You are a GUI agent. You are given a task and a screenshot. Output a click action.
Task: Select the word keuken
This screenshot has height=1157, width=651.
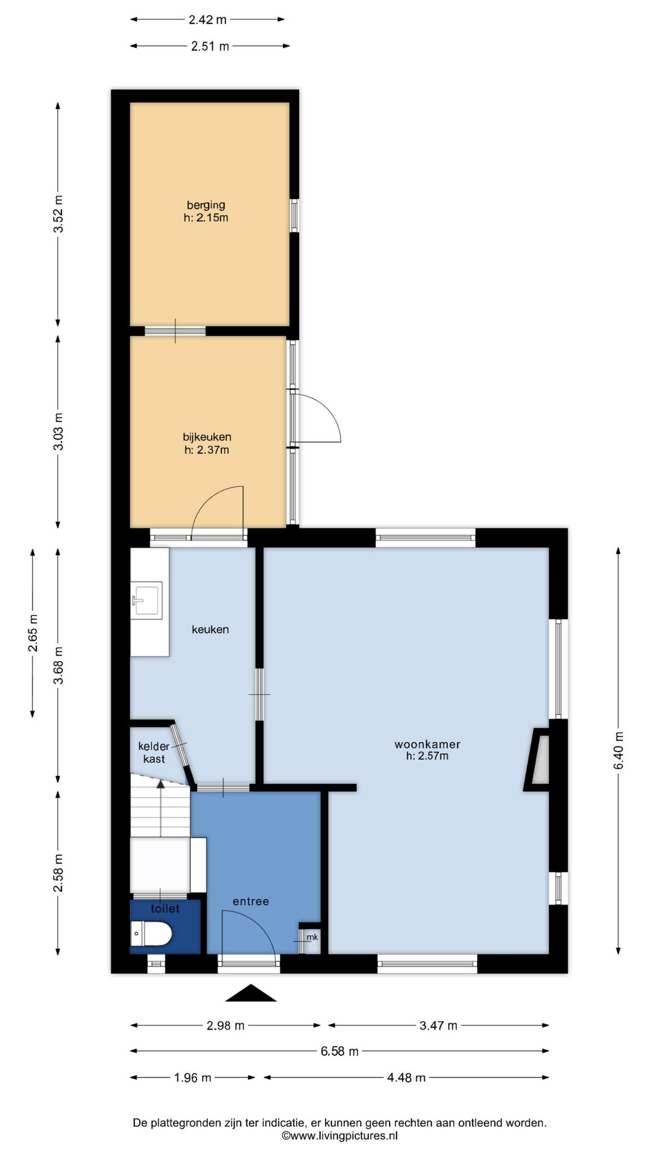click(210, 629)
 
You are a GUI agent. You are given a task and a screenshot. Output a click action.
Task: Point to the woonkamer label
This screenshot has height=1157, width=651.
click(427, 744)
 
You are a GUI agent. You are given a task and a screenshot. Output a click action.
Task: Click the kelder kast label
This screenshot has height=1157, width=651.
click(154, 753)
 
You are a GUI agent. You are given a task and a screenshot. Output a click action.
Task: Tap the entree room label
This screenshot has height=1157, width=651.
click(251, 901)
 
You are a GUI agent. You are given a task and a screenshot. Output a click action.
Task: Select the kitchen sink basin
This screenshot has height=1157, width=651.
click(146, 600)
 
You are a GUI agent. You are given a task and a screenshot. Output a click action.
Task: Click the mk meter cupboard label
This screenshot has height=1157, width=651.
click(312, 937)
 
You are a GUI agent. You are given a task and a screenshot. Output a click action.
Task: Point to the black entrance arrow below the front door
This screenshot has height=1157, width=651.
click(251, 992)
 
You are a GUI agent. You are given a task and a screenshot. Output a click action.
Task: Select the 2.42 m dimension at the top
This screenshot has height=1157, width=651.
click(207, 19)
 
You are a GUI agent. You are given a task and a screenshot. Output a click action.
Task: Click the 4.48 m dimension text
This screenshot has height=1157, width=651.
click(406, 1077)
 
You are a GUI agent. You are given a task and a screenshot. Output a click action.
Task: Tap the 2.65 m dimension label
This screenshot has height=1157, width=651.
click(33, 633)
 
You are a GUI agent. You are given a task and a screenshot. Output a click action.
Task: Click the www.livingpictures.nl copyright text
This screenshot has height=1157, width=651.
click(339, 1136)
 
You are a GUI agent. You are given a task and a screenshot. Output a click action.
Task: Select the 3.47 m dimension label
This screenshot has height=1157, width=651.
click(438, 1025)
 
